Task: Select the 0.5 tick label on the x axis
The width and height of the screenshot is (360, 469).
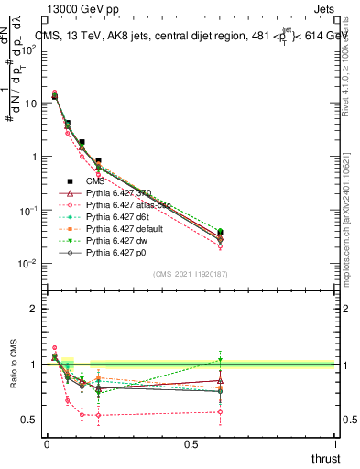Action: pyautogui.click(x=191, y=444)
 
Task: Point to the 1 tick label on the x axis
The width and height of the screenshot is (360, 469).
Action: pyautogui.click(x=336, y=444)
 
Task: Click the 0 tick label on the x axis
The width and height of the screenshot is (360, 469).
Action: pyautogui.click(x=48, y=444)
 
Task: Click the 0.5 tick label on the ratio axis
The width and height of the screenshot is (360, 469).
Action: pyautogui.click(x=30, y=420)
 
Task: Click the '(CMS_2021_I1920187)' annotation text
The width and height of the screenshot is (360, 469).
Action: pyautogui.click(x=191, y=274)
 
